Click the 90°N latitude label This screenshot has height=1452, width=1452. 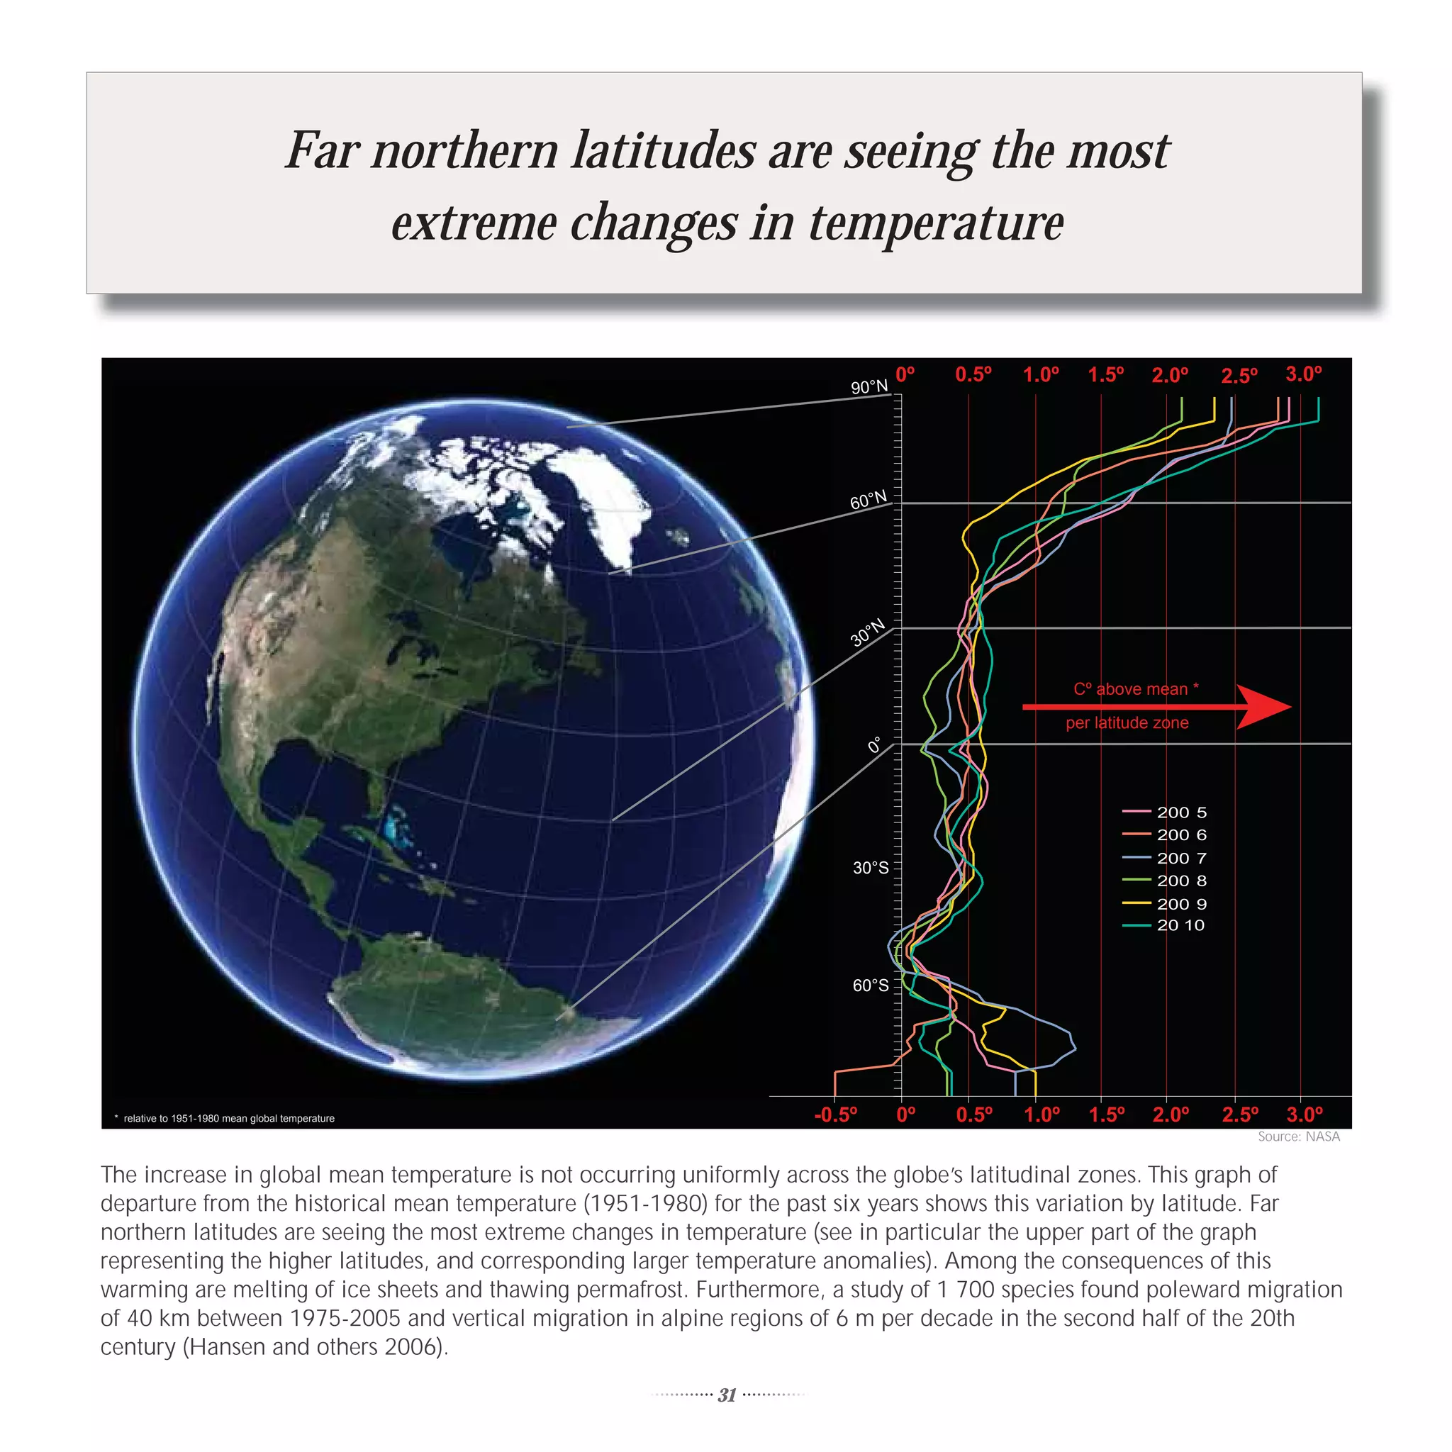(869, 387)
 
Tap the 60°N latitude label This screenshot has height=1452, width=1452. (868, 500)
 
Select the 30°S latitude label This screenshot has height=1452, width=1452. (871, 868)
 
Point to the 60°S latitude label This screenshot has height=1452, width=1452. (871, 985)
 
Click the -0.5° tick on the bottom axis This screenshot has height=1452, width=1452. (835, 1115)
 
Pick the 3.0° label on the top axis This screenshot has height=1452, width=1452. (1303, 374)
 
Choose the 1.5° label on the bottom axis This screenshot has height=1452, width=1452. (1106, 1115)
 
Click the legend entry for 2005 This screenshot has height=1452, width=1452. (1164, 812)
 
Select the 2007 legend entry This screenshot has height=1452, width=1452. (1164, 859)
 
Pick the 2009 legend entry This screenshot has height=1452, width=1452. (1164, 903)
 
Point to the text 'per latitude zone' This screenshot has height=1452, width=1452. (1127, 723)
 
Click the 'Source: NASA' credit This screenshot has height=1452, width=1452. (1299, 1137)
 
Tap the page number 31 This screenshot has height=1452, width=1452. (727, 1395)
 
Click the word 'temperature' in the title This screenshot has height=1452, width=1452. (936, 223)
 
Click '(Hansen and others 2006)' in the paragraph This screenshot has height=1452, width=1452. (315, 1346)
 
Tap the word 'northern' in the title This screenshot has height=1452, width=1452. (464, 150)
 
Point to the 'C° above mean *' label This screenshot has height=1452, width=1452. (1136, 689)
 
